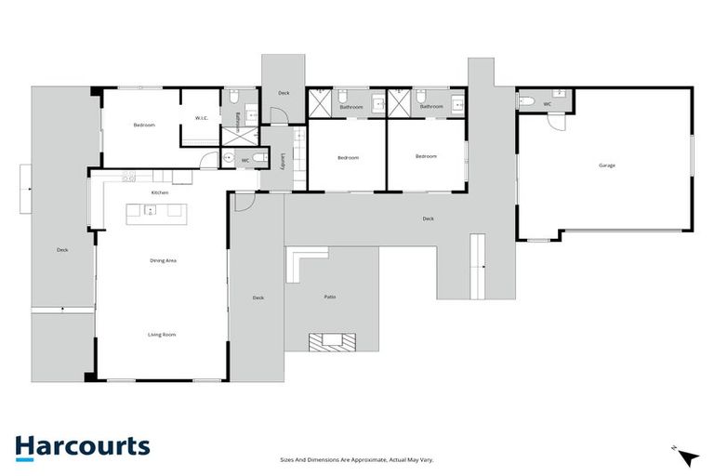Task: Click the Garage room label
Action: tap(606, 165)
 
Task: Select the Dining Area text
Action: tap(164, 260)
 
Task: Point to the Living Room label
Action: tap(162, 334)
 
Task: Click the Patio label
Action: tap(330, 297)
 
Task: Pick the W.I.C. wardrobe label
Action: tap(201, 118)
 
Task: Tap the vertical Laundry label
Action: tap(283, 161)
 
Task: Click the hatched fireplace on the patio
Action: tap(331, 342)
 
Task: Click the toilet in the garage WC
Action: tap(525, 101)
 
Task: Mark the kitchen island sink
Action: tap(151, 209)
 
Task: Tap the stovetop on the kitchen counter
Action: tap(128, 177)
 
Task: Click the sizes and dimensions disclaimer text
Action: tap(357, 459)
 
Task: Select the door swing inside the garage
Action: tap(556, 122)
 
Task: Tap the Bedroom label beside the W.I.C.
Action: tap(143, 125)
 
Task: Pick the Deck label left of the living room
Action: tap(62, 249)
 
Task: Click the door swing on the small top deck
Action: tap(276, 115)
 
